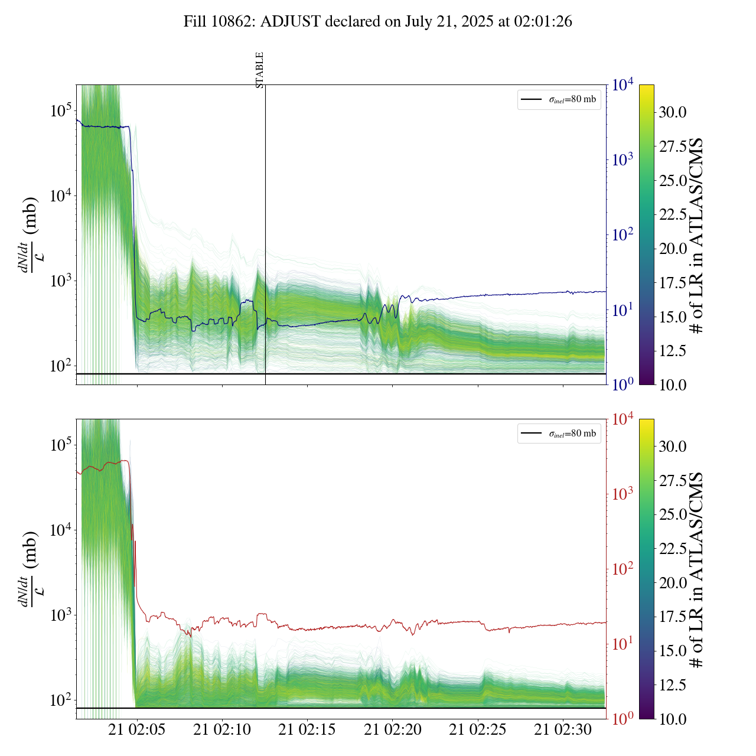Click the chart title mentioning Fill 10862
click(x=377, y=22)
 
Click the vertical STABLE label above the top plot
click(x=260, y=70)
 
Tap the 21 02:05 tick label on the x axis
click(x=137, y=729)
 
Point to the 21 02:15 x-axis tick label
click(x=307, y=729)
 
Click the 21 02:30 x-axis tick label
click(x=563, y=729)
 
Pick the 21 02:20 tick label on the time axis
click(x=393, y=729)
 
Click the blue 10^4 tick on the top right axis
click(x=623, y=84)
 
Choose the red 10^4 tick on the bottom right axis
click(x=623, y=419)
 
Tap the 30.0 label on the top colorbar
click(x=673, y=112)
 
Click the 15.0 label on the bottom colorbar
click(x=673, y=651)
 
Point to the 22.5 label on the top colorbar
click(x=673, y=214)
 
